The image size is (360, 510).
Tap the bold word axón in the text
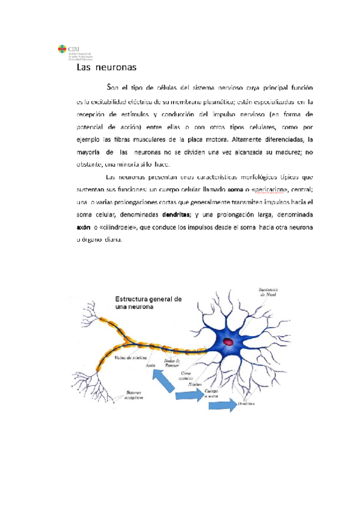pos(84,227)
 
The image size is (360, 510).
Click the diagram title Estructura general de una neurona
pos(148,303)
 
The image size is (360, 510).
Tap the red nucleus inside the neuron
pos(229,342)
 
